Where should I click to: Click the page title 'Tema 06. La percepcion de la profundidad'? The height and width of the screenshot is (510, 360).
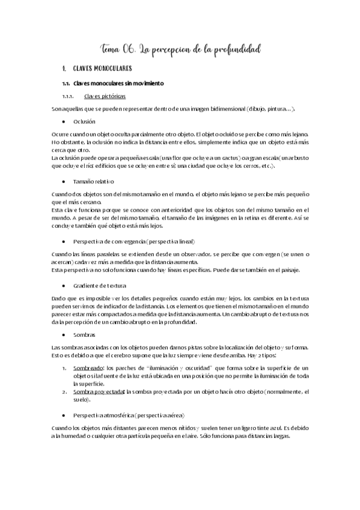pos(180,49)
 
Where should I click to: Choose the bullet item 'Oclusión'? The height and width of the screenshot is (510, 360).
pos(84,121)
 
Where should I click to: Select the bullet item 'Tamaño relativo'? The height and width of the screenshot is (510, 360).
pos(94,181)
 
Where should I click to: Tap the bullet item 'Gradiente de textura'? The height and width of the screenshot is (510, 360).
pos(99,286)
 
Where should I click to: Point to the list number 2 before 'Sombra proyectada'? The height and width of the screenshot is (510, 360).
pos(64,392)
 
